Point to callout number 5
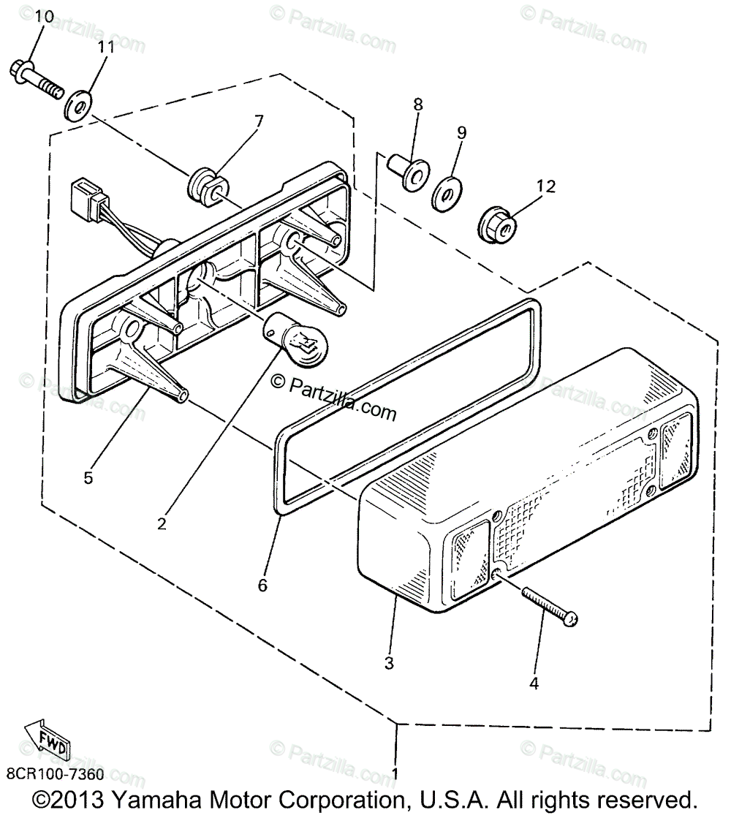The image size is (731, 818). pyautogui.click(x=88, y=477)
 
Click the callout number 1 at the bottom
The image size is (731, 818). pyautogui.click(x=395, y=773)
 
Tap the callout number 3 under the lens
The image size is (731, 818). pyautogui.click(x=389, y=663)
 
